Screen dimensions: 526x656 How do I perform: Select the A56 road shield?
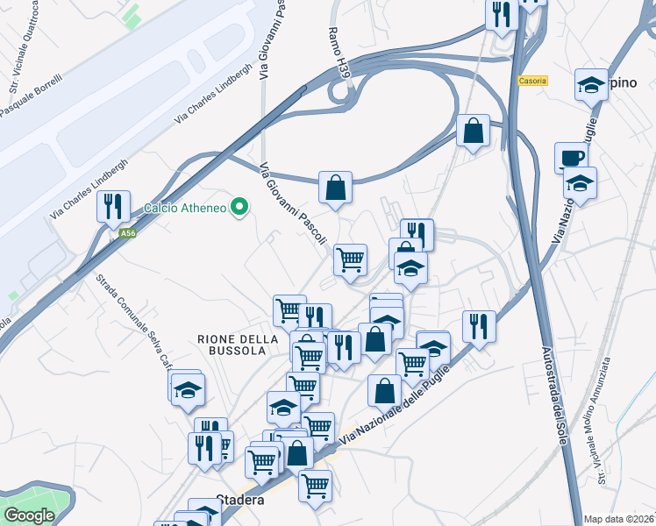128,233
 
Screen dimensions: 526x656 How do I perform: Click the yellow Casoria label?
532,81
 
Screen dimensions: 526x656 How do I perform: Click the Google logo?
29,515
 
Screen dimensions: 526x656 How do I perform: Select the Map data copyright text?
617,518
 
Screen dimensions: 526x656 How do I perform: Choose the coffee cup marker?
571,158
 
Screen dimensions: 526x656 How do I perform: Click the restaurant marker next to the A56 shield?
113,207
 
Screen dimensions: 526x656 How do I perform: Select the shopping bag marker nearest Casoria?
473,131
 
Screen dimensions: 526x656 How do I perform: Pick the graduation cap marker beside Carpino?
592,86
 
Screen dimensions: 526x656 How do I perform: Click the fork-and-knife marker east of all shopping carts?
479,327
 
